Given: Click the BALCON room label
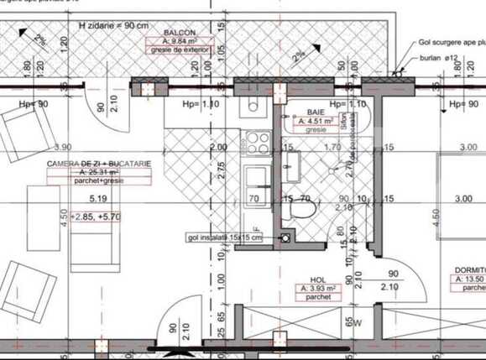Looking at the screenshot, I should [x=169, y=31].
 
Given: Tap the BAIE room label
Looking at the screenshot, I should [x=316, y=112].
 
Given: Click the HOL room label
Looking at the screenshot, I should [x=317, y=280].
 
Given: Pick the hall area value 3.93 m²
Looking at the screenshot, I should [x=317, y=289].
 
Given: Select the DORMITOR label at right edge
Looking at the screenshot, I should [x=470, y=270].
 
